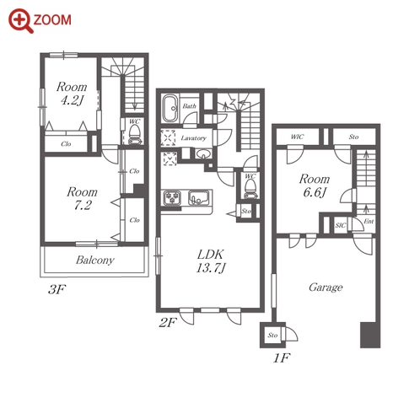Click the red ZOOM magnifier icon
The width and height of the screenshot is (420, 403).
coord(21,21)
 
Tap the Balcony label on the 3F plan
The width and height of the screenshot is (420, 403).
coord(95,261)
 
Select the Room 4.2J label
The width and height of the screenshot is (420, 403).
coord(72,94)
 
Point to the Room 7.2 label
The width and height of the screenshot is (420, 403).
coord(82,199)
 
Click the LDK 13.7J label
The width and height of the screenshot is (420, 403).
coord(211,261)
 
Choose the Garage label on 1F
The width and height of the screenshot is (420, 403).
coord(326,287)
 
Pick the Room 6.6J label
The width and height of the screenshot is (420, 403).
coord(315,185)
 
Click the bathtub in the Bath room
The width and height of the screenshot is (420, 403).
coord(170,108)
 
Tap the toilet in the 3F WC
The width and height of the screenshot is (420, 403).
coord(134,134)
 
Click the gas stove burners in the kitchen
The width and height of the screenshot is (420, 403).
coord(172,198)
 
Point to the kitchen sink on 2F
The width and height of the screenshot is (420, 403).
coord(199,197)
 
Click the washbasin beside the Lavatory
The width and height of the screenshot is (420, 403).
coord(203,154)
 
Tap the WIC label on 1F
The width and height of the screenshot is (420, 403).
coord(297,137)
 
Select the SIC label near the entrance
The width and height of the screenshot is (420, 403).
coord(341,225)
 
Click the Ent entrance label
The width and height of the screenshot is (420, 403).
coord(369,222)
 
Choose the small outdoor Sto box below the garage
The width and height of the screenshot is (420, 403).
coord(272,335)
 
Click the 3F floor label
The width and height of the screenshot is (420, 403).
coord(57,289)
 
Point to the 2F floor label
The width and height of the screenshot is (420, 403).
coord(168,322)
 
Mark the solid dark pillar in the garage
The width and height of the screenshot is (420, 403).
coord(370,335)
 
